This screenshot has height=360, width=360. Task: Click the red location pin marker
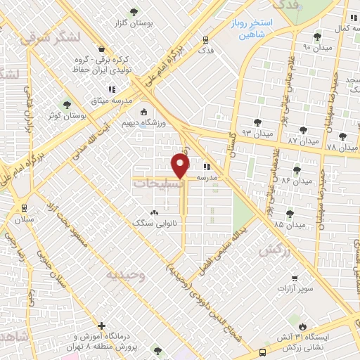181,166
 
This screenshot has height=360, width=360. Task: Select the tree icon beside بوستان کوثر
67,105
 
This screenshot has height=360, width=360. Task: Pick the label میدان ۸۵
289,224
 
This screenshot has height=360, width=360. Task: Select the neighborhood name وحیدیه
126,275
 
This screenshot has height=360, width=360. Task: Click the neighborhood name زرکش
274,250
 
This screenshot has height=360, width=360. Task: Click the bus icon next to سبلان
24,208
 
